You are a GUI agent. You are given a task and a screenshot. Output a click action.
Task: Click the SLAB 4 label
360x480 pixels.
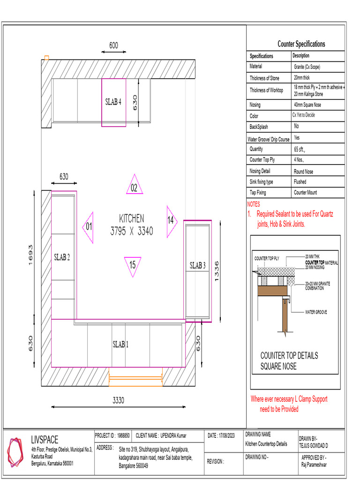(x=113, y=102)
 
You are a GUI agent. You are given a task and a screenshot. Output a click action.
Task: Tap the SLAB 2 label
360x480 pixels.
(x=62, y=257)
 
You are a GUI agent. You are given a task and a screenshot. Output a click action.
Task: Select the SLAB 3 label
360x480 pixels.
(x=197, y=265)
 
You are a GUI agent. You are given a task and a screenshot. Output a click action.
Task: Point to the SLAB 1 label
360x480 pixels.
(x=120, y=345)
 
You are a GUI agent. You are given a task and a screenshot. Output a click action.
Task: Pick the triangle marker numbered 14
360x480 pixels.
(x=171, y=220)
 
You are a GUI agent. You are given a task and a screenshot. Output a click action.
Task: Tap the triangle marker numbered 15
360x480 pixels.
(x=133, y=265)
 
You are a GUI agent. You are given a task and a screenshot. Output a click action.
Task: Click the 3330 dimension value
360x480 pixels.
(x=119, y=400)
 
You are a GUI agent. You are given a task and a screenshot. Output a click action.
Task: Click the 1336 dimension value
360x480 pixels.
(x=217, y=271)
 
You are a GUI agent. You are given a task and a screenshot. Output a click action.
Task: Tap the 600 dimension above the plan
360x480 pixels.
(x=114, y=45)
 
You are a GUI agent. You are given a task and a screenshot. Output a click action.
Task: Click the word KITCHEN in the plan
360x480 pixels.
(x=132, y=218)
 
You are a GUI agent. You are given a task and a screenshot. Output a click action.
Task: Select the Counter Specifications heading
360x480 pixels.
(x=301, y=44)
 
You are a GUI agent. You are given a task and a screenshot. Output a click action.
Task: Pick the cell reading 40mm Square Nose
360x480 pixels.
(x=307, y=105)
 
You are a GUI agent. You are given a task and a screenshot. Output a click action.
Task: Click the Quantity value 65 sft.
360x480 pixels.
(x=299, y=150)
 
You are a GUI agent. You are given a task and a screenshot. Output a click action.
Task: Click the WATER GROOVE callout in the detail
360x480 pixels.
(x=316, y=312)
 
